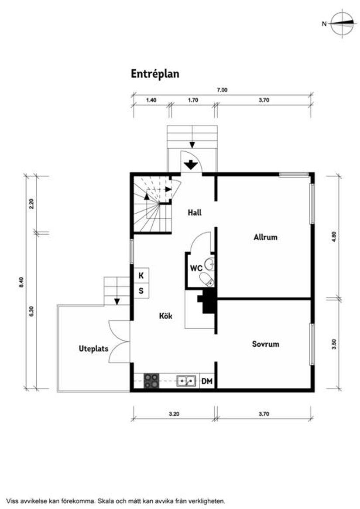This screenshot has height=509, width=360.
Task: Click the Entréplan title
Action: coord(155,74)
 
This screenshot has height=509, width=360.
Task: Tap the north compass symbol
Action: coord(342,24)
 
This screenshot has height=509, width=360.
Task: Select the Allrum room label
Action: coord(265,237)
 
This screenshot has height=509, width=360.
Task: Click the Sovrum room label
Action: coord(265,344)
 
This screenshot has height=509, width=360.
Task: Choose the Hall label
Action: coord(194,213)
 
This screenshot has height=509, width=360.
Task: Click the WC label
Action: coord(195,268)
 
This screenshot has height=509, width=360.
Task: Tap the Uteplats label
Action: coord(93,348)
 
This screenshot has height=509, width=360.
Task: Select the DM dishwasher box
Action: coord(207,382)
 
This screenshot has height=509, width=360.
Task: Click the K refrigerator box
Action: coord(141,276)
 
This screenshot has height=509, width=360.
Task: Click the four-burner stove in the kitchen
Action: coord(152,381)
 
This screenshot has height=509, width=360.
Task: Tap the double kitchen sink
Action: coord(186,381)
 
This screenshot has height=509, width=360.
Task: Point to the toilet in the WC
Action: coord(206,279)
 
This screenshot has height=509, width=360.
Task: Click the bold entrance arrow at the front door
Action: coord(190,165)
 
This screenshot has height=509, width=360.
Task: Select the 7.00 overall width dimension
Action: coord(222,90)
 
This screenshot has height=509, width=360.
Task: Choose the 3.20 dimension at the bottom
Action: coord(174,414)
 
